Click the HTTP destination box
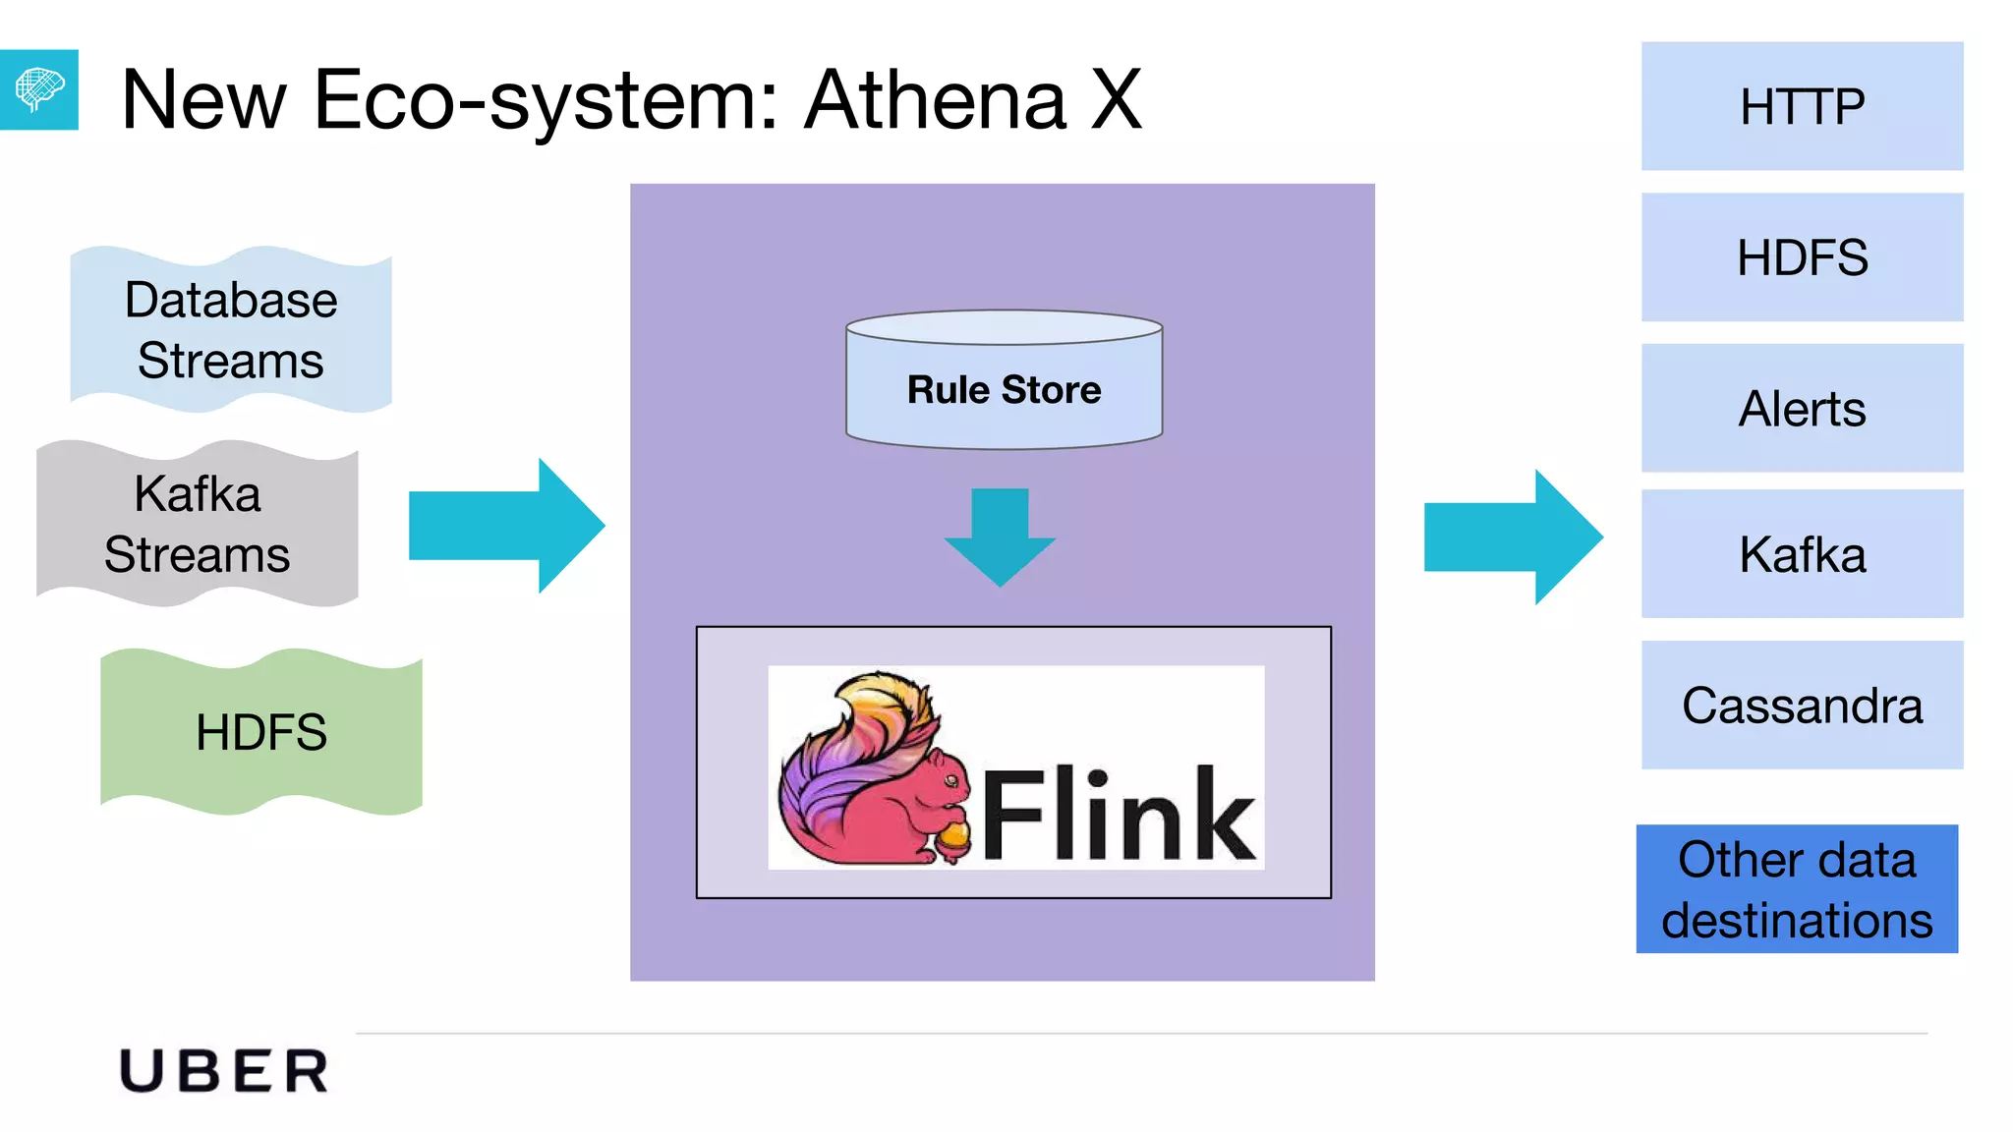tap(1802, 106)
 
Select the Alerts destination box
tap(1802, 408)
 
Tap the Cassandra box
tap(1802, 705)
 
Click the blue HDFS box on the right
tap(1802, 257)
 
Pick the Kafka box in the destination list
tap(1802, 553)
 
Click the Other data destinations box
tap(1797, 888)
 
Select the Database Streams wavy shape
tap(231, 329)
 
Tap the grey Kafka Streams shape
tap(197, 524)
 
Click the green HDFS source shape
tap(261, 732)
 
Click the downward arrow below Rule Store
tap(1000, 536)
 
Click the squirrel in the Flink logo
tap(865, 776)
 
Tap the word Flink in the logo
tap(1119, 814)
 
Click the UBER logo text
tap(224, 1070)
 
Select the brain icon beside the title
tap(38, 89)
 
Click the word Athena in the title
tap(935, 100)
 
